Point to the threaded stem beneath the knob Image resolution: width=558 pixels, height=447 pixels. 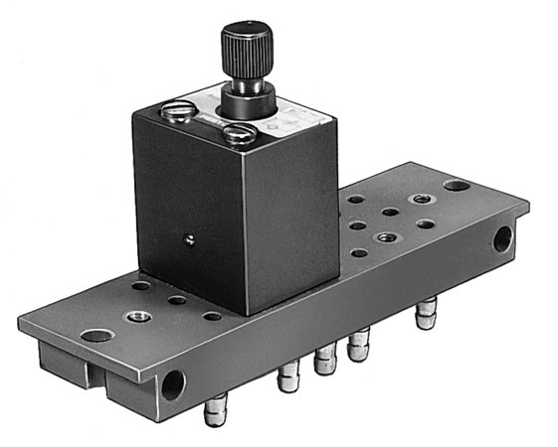[x=245, y=82]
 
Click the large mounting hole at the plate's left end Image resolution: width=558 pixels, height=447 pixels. [x=96, y=335]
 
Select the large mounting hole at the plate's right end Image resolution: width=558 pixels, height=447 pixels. [x=456, y=185]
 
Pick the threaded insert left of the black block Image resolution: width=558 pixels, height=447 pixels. [x=135, y=317]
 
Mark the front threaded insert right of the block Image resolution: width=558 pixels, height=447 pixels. [x=384, y=237]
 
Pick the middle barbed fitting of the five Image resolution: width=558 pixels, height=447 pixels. [x=323, y=360]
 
